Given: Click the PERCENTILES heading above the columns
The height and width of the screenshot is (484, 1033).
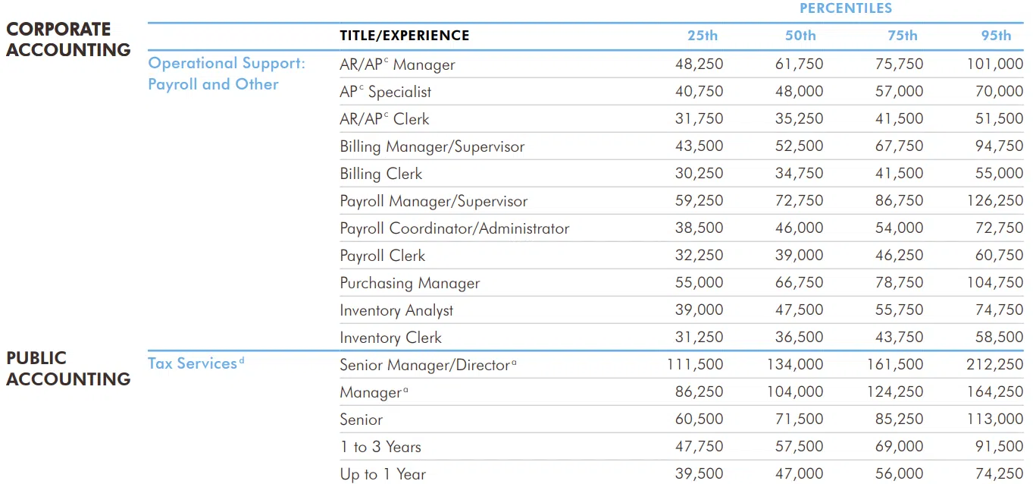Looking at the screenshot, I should pos(846,8).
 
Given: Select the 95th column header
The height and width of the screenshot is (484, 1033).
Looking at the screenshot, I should pos(996,36).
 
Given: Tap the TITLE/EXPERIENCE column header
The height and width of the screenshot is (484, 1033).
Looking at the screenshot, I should pos(404,36).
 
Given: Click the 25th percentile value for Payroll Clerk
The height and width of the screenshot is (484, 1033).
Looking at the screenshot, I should pos(699,256).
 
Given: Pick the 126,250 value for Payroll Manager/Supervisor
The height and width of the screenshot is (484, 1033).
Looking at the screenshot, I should pos(994,201).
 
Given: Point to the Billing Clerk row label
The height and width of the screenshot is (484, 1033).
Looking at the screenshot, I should pos(380,174).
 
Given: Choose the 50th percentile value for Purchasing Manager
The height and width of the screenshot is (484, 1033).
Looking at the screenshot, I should pos(799,283).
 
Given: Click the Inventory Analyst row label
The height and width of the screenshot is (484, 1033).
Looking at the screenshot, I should pos(396,310).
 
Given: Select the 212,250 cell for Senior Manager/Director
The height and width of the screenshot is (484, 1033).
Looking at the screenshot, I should pos(994,365).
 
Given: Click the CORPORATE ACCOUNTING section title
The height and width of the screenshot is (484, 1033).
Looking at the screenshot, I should pos(68,39).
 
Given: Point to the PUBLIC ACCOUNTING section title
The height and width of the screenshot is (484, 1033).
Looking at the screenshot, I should pos(68,369).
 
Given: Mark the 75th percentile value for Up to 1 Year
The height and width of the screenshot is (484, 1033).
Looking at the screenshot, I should pos(899,474).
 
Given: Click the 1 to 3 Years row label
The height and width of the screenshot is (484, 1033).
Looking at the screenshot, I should pos(380,447).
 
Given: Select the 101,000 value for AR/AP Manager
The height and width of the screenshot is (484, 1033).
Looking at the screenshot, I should pos(994,64).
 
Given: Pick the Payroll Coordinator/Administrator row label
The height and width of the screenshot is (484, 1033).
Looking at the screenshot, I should pos(454,228).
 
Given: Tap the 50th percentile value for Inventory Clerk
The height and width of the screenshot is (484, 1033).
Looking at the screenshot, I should pos(799,338).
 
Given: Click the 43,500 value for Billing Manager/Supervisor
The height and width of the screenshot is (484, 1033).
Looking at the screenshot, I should pos(699,146).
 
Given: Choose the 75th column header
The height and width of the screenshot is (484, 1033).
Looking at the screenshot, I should pos(902,36).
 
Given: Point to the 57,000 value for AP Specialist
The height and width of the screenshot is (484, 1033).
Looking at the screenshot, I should pos(899,92).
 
